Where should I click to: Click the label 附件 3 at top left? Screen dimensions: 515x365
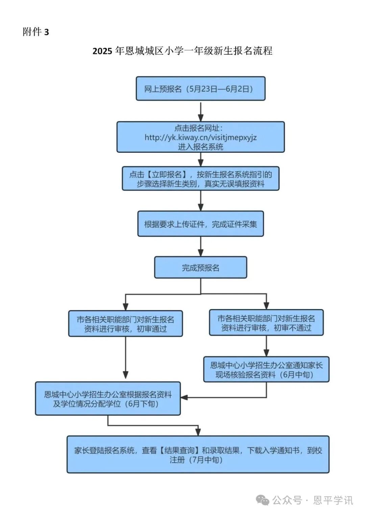(x=36, y=32)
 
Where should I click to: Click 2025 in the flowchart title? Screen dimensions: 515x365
(x=102, y=51)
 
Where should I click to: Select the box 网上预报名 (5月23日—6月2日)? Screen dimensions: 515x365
(x=200, y=89)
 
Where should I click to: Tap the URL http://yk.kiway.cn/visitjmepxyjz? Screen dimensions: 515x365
(x=200, y=138)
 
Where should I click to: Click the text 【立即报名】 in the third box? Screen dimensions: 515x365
(x=167, y=174)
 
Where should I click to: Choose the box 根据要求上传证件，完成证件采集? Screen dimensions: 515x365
(x=200, y=224)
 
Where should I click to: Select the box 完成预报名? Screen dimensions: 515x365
(x=200, y=267)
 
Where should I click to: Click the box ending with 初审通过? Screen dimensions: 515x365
(x=125, y=324)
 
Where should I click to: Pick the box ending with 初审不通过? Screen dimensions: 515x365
(x=266, y=323)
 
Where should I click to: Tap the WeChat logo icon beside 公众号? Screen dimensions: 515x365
(x=263, y=500)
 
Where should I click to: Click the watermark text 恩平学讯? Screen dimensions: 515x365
(x=333, y=500)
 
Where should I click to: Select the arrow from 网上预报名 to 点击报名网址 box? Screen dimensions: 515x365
(x=201, y=111)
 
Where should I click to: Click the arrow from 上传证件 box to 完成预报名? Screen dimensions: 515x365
(x=201, y=247)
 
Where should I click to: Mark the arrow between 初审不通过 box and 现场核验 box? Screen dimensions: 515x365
(x=266, y=346)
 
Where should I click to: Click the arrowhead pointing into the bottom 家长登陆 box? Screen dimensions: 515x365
(x=198, y=432)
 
